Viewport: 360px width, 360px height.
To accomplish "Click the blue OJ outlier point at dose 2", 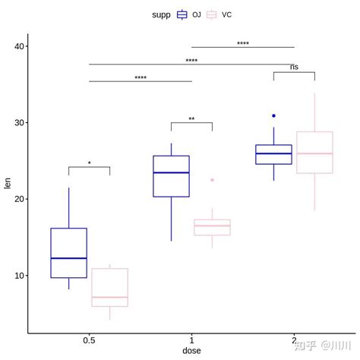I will point(273,116).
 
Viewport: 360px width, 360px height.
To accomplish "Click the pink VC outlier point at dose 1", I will point(212,180).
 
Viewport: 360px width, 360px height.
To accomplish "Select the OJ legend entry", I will point(189,14).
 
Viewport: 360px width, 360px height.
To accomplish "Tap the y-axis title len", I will point(8,182).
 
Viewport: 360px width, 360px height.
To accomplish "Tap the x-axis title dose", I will point(191,350).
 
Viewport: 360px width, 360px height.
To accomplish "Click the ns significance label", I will point(294,68).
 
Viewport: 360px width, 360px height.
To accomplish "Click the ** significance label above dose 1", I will point(191,119).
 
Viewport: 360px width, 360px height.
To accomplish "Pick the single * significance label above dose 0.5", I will point(89,164).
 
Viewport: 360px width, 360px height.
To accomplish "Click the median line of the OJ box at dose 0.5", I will point(69,258).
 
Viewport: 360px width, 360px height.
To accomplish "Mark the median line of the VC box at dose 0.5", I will point(109,297).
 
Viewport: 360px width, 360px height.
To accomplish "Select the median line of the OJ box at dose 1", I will point(171,172).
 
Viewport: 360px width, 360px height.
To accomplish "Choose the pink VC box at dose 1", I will point(212,227).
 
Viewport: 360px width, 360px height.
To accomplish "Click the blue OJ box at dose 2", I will point(273,154).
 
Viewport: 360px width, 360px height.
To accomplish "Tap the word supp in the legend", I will point(160,14).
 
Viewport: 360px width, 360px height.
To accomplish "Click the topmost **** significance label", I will point(242,44).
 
